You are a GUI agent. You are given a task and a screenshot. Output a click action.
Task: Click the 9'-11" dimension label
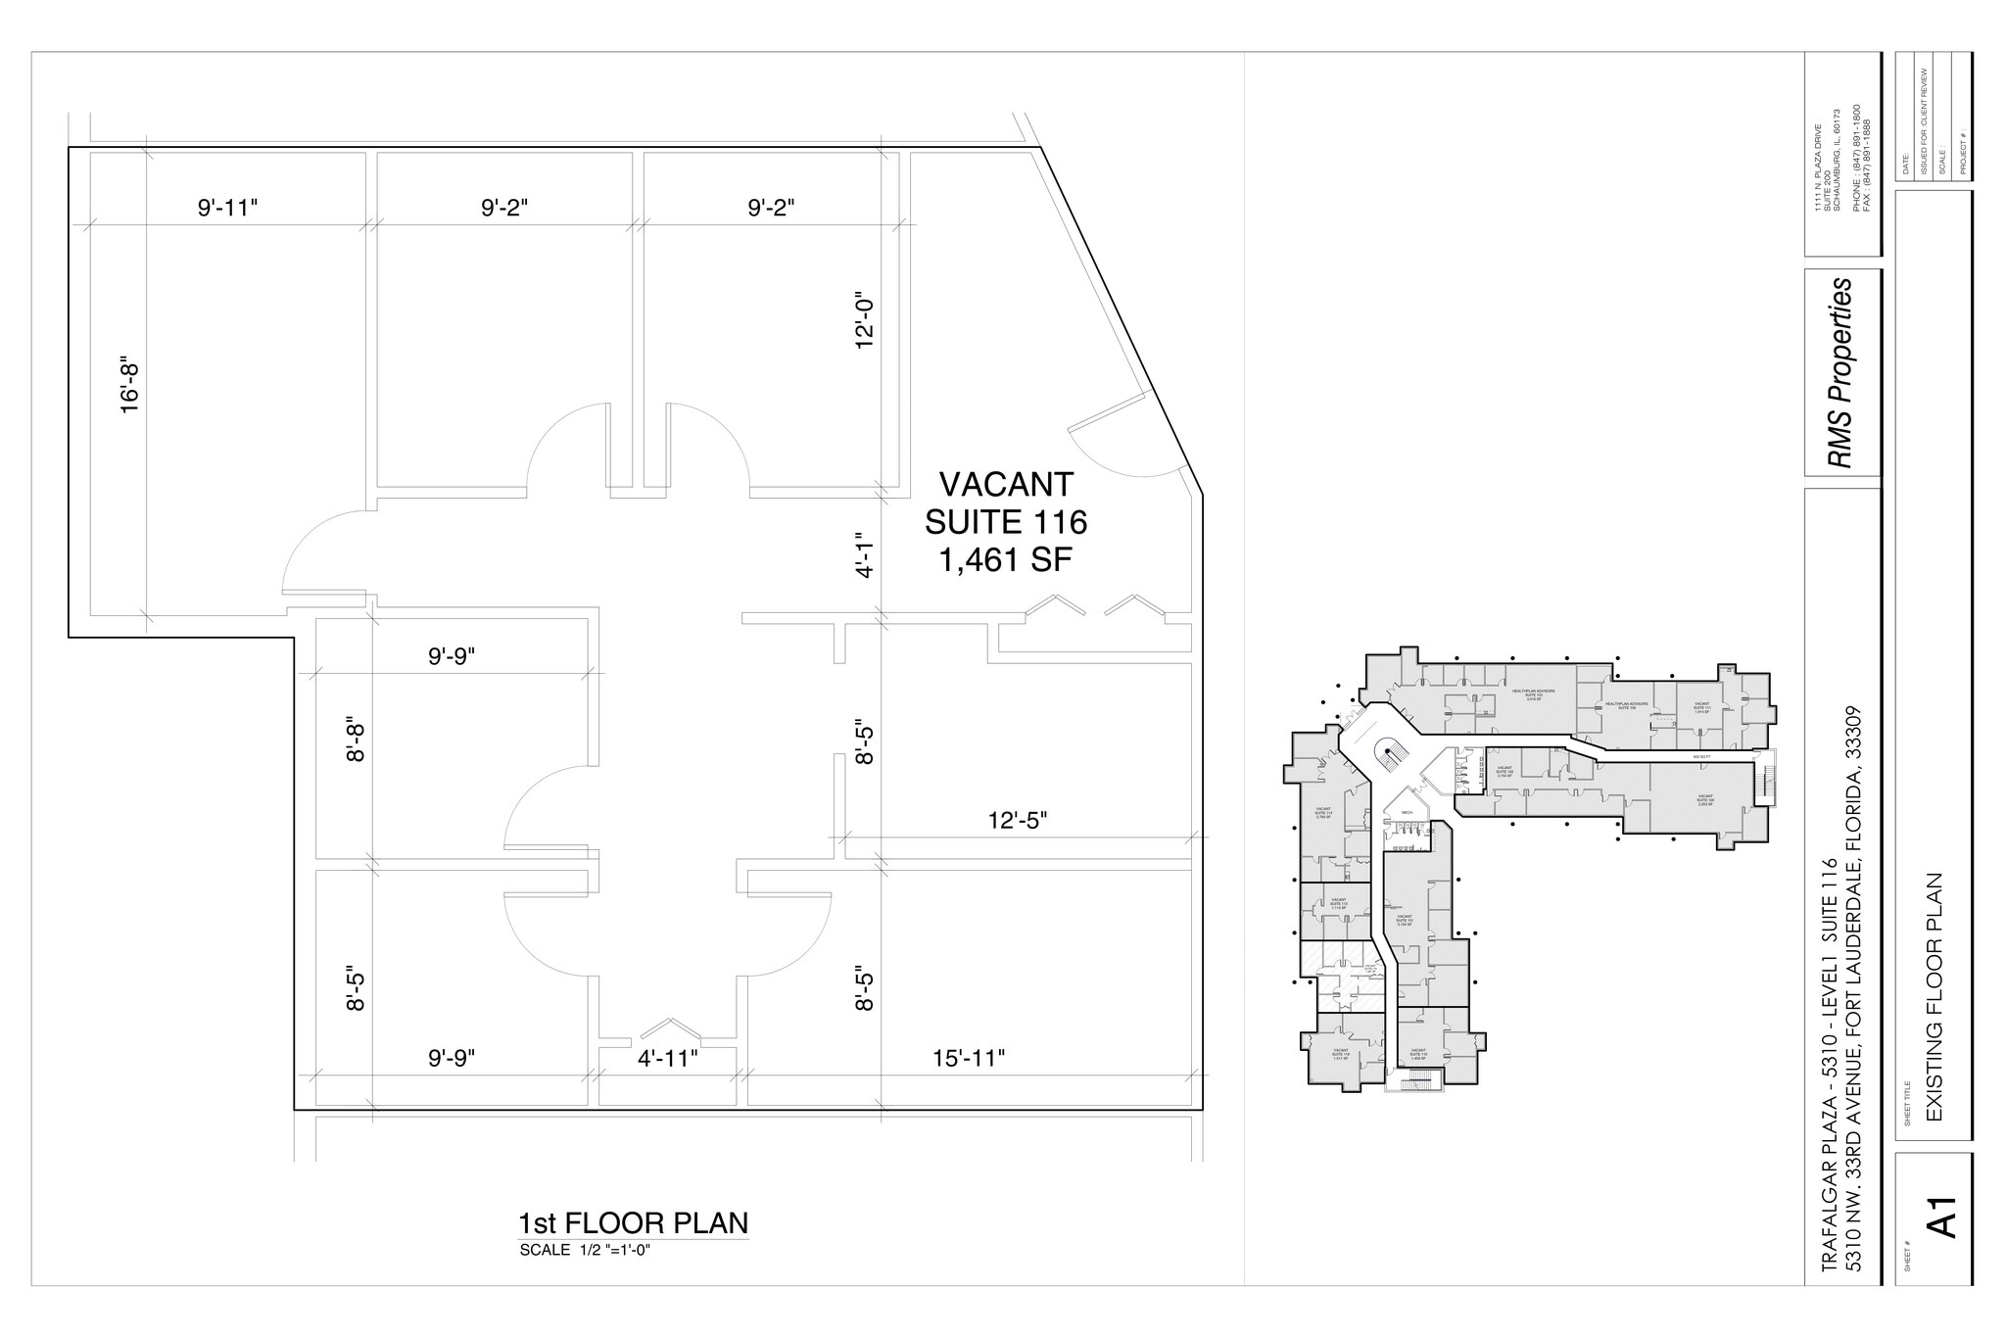pyautogui.click(x=227, y=208)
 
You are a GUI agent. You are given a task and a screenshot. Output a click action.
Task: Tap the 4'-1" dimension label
pyautogui.click(x=864, y=554)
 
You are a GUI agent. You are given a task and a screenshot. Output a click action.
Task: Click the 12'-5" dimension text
pyautogui.click(x=1017, y=821)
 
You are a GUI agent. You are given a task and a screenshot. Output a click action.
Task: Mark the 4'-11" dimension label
pyautogui.click(x=667, y=1059)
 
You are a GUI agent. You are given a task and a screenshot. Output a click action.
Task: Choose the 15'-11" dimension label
pyautogui.click(x=969, y=1059)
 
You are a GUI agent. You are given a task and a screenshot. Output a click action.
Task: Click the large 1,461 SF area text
pyautogui.click(x=1006, y=560)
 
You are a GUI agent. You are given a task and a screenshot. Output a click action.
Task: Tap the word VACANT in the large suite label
pyautogui.click(x=1006, y=485)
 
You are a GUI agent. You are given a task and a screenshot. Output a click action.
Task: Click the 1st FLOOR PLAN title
pyautogui.click(x=633, y=1223)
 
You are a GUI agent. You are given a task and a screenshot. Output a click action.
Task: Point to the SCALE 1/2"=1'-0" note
pyautogui.click(x=585, y=1250)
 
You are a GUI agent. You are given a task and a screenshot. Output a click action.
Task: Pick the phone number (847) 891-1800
pyautogui.click(x=1855, y=163)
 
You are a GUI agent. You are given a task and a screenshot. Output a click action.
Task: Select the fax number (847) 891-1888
pyautogui.click(x=1867, y=163)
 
